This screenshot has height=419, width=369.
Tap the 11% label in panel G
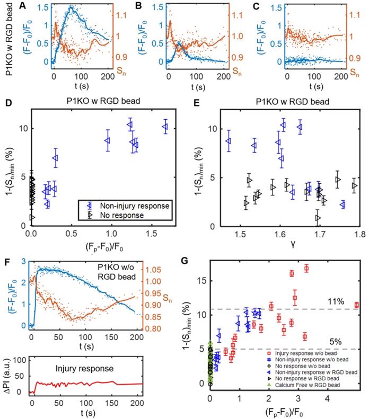[x=337, y=302]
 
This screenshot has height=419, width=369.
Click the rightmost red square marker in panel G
[x=356, y=305]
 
